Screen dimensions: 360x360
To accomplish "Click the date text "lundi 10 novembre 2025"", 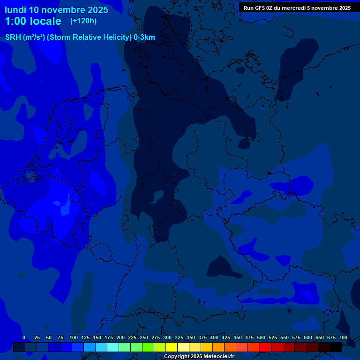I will coord(56,10).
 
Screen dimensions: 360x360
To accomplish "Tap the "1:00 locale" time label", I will coord(33,21).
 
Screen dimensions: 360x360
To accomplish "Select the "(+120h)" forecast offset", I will coord(83,21).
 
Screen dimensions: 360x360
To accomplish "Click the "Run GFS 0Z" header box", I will coord(297,7).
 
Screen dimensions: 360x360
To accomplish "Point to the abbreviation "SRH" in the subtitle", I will coord(13,37).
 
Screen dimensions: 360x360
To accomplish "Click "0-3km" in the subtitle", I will coord(144,37).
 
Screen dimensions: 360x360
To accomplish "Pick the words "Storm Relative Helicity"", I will coord(90,37).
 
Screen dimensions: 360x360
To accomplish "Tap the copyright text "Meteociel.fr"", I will coord(215,357).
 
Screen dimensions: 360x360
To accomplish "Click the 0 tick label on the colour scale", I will coord(24,337).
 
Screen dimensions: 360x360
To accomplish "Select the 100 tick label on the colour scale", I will coord(73,337).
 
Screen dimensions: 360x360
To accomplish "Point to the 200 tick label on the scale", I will coord(120,337).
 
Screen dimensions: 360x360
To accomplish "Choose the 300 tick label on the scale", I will coord(167,337).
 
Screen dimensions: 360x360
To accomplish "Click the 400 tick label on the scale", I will coord(214,337).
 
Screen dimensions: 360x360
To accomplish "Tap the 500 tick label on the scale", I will coord(261,337).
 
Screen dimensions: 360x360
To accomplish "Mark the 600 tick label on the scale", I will coord(307,337).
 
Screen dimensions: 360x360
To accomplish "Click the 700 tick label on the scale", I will coord(343,337).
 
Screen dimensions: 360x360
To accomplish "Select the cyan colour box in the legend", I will coord(113,347).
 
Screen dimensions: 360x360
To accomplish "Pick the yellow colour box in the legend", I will coord(172,347).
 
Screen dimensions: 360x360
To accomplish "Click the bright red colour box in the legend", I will coord(265,347).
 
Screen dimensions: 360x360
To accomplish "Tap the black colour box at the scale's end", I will coord(336,347).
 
